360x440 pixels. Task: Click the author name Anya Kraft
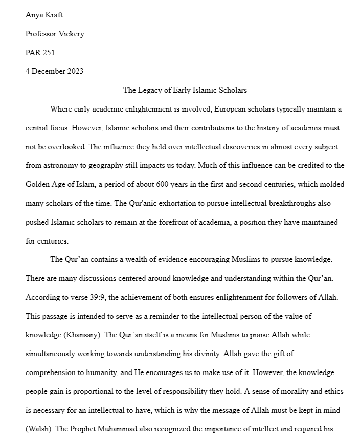tap(44, 15)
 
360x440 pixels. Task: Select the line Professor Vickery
tap(55, 34)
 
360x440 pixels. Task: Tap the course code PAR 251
tap(40, 52)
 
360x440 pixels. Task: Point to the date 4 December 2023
tap(54, 71)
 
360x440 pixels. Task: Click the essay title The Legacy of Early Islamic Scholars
tap(185, 90)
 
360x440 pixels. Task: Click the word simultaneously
tap(53, 354)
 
